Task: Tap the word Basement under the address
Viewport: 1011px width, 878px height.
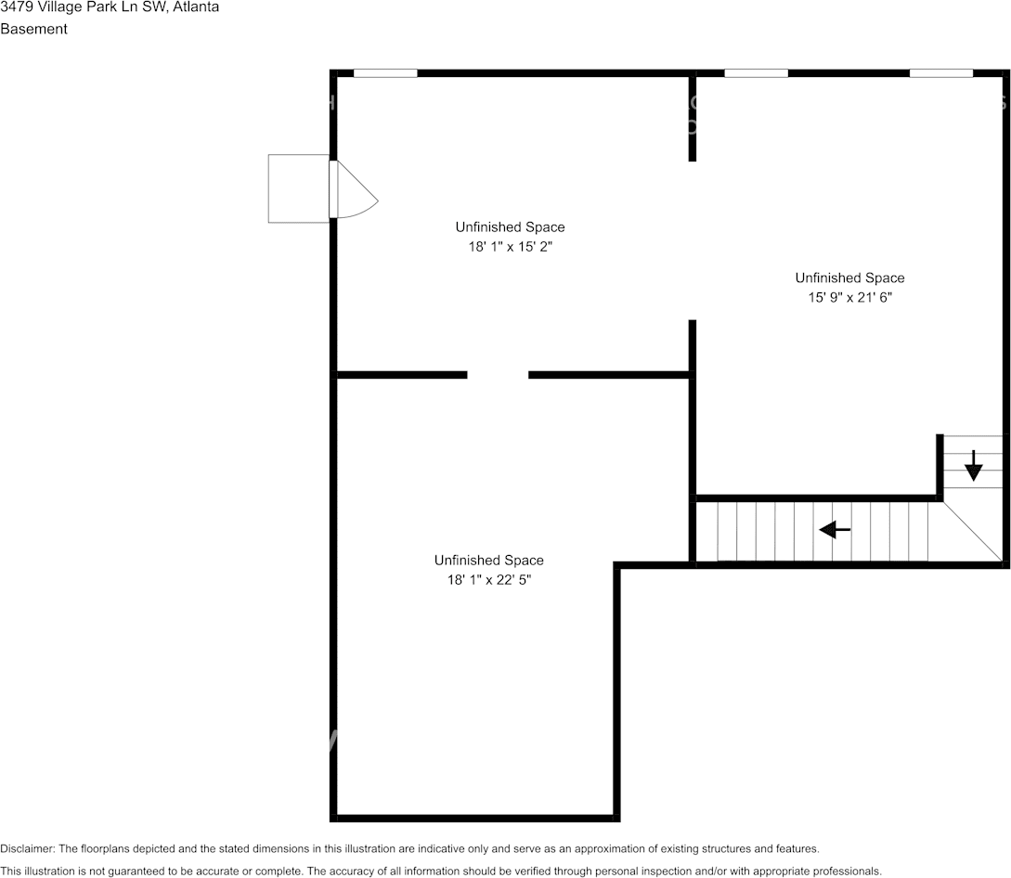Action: pyautogui.click(x=33, y=29)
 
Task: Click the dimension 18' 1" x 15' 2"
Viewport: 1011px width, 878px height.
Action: pyautogui.click(x=510, y=247)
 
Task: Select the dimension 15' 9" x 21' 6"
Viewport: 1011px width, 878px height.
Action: pyautogui.click(x=849, y=298)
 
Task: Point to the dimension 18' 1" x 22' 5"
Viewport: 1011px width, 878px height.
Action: pyautogui.click(x=488, y=580)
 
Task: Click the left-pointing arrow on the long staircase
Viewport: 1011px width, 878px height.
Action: pyautogui.click(x=835, y=530)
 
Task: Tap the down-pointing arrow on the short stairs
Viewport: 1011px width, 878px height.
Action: pyautogui.click(x=973, y=466)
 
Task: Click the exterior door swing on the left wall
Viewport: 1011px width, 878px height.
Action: pyautogui.click(x=355, y=190)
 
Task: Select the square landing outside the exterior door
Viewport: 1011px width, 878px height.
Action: pyautogui.click(x=298, y=188)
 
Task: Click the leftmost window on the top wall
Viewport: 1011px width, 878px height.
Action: pyautogui.click(x=385, y=72)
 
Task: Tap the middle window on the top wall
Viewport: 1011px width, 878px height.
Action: pyautogui.click(x=756, y=72)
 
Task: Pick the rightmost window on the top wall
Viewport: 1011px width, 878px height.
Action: pyautogui.click(x=940, y=72)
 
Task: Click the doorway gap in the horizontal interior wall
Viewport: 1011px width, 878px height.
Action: pyautogui.click(x=498, y=375)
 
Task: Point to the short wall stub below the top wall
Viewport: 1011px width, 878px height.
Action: pyautogui.click(x=693, y=119)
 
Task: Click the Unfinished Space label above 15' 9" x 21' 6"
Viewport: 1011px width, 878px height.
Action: pyautogui.click(x=849, y=278)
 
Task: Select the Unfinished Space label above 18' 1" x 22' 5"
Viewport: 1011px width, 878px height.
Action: pyautogui.click(x=488, y=560)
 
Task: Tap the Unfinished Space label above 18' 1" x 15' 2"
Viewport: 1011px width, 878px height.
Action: pyautogui.click(x=510, y=226)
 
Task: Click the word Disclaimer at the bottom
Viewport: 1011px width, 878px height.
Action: pyautogui.click(x=26, y=848)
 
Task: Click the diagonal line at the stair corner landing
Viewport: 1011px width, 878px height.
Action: pyautogui.click(x=973, y=532)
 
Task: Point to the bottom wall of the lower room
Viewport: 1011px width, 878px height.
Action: pyautogui.click(x=473, y=818)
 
